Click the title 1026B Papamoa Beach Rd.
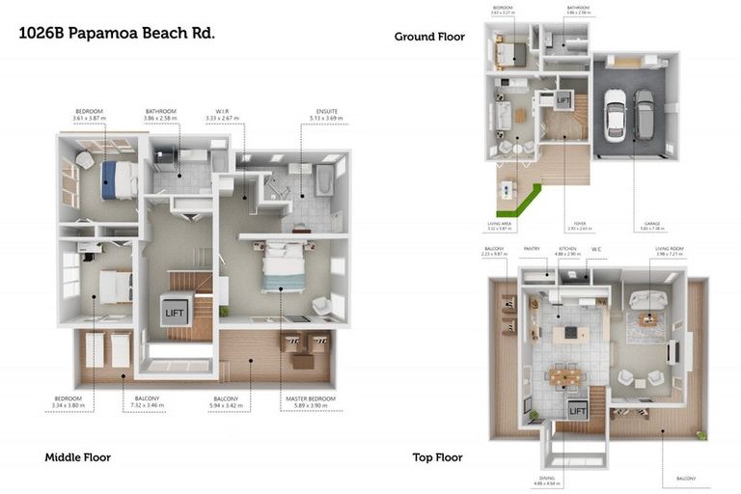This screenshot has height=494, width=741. pos(117,32)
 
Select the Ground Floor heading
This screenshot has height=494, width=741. pos(429,37)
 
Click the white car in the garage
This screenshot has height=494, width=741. pos(615,115)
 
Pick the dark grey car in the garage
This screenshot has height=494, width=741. pos(643,114)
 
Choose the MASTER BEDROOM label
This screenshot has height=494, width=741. pos(309,398)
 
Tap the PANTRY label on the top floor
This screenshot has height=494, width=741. pos(531,248)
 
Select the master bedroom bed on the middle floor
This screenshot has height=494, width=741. pos(285,266)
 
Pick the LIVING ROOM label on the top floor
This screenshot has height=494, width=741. pos(668,248)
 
